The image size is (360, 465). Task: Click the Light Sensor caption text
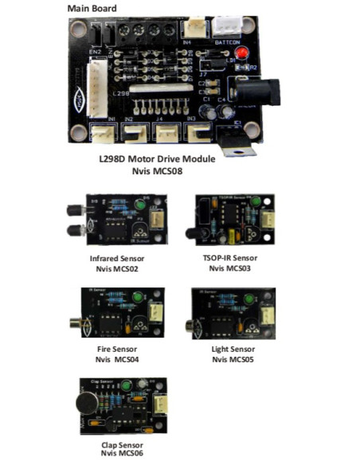coord(233,350)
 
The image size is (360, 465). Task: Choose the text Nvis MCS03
coord(233,269)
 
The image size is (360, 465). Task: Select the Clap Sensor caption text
coord(119,444)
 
